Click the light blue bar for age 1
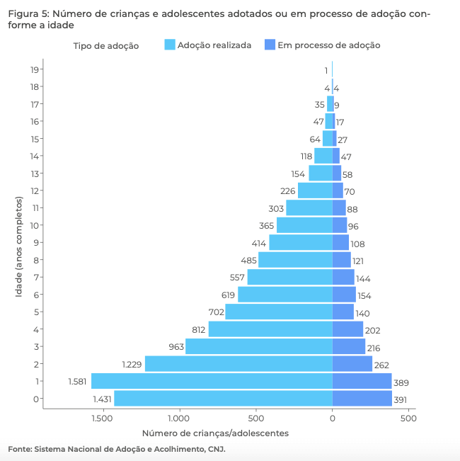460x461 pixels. [x=212, y=382]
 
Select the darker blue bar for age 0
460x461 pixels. [x=362, y=399]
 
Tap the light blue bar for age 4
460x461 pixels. [x=270, y=329]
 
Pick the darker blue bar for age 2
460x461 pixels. [x=352, y=364]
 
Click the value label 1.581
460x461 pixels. [x=77, y=382]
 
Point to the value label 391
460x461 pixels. [x=401, y=399]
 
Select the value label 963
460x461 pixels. [x=176, y=347]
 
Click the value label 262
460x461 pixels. [x=382, y=365]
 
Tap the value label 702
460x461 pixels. [x=215, y=312]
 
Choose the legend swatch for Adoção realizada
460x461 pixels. [x=169, y=45]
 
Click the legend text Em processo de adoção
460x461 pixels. [x=328, y=45]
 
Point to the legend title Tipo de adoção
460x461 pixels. [x=105, y=45]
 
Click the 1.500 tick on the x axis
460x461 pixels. [x=103, y=419]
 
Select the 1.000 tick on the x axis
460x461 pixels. [x=179, y=419]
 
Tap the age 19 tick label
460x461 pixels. [x=34, y=69]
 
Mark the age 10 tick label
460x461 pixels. [x=34, y=225]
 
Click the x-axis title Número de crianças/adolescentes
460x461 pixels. [x=215, y=433]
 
